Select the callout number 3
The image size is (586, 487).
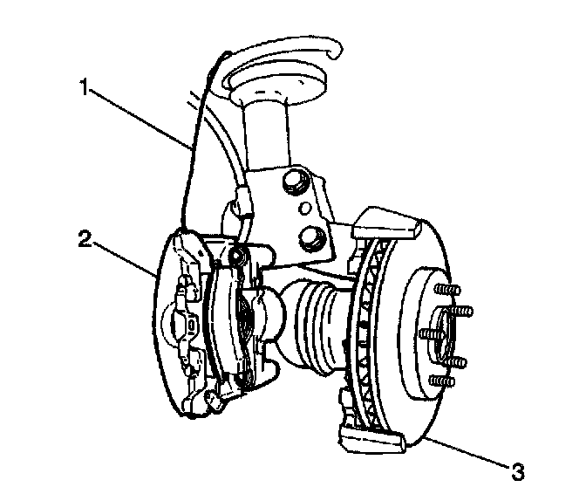pyautogui.click(x=518, y=472)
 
